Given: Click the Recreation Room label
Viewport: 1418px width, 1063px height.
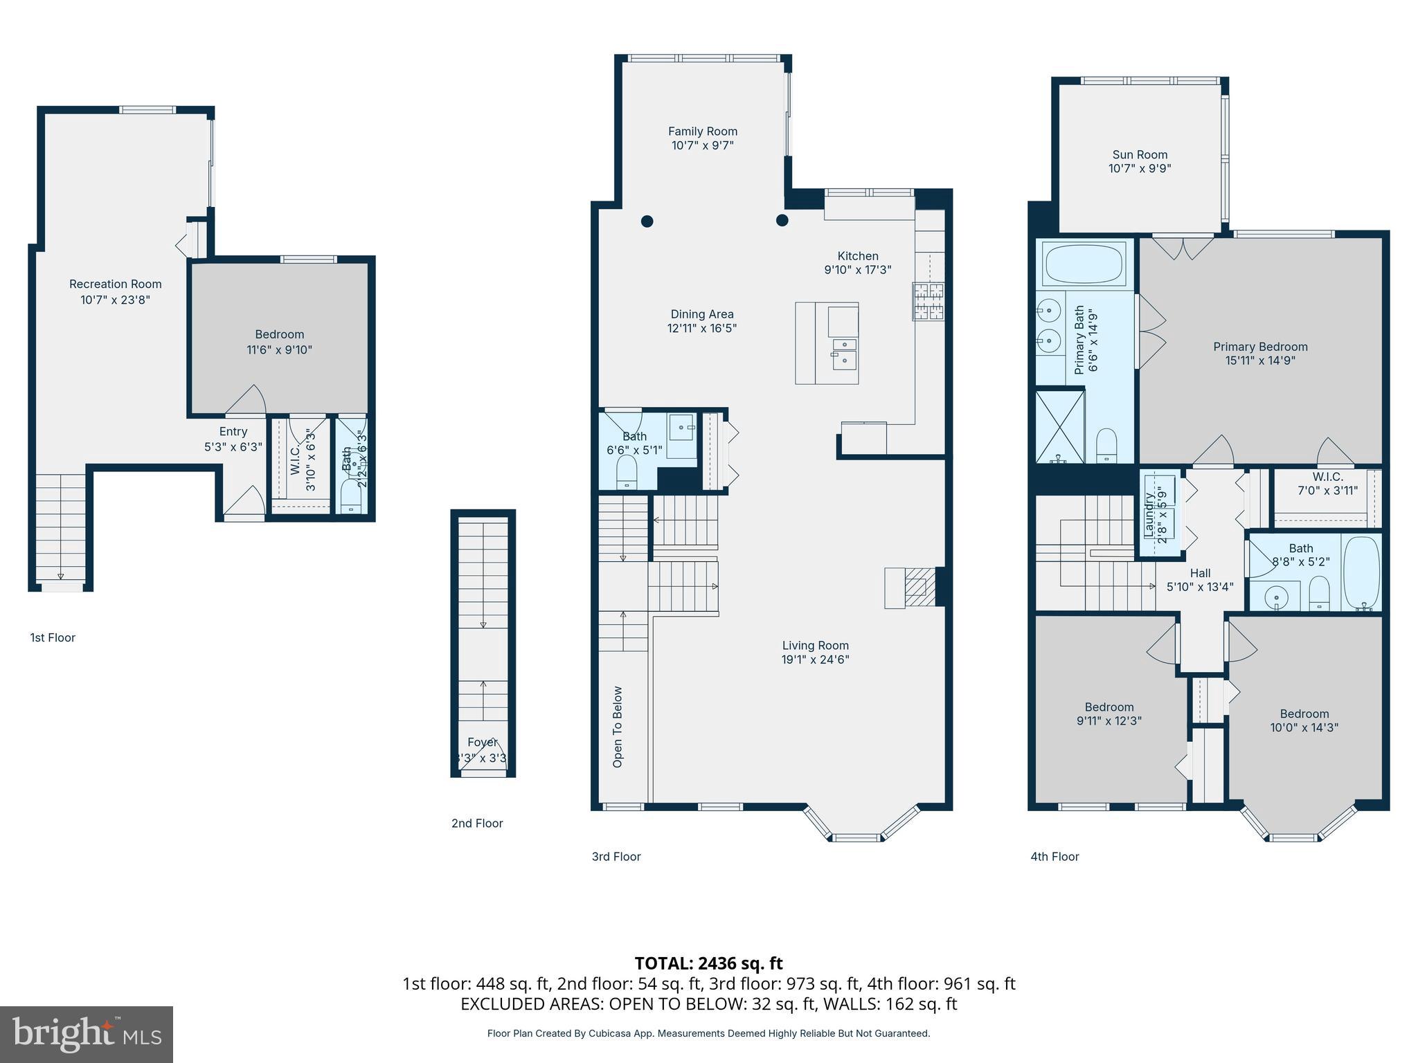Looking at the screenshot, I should click(115, 284).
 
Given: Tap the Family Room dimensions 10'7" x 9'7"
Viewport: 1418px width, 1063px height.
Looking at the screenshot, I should click(702, 145).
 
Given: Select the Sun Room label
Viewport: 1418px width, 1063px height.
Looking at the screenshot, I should click(1140, 154).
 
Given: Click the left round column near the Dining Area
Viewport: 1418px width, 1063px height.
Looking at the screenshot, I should click(647, 221).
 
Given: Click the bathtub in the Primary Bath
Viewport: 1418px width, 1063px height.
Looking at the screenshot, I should click(1085, 264).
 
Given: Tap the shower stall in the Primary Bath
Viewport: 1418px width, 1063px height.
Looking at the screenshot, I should click(1059, 426).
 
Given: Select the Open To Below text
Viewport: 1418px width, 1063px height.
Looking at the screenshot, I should click(618, 727).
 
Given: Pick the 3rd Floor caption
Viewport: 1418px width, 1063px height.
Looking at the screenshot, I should click(616, 856).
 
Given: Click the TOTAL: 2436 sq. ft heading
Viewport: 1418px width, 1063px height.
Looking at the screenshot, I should click(708, 963).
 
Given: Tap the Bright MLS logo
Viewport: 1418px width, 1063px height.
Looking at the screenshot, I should click(87, 1034).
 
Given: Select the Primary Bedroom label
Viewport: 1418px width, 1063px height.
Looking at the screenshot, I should click(1259, 347).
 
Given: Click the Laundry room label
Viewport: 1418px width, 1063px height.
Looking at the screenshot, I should click(1149, 514).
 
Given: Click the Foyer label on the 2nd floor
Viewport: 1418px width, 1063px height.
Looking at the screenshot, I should click(482, 743).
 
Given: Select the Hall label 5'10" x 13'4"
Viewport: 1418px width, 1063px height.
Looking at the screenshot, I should click(1200, 580).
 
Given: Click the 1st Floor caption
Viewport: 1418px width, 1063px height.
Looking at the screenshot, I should click(53, 637).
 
